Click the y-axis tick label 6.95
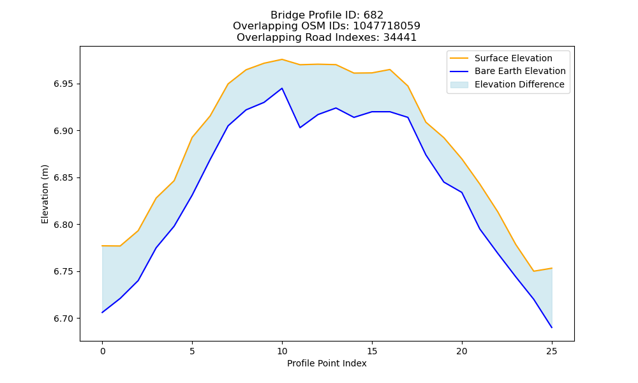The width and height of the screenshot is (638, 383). click(x=64, y=84)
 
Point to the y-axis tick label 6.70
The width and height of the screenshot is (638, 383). click(x=64, y=319)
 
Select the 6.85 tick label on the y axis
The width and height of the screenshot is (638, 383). click(x=64, y=178)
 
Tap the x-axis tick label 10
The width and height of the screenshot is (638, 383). click(x=282, y=351)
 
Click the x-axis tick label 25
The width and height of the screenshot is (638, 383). click(x=552, y=351)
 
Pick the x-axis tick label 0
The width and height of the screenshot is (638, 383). click(x=102, y=351)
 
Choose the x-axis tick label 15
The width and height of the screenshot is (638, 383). click(x=372, y=351)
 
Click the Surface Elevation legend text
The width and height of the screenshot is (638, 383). click(x=514, y=58)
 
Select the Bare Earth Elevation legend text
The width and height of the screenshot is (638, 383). click(x=520, y=71)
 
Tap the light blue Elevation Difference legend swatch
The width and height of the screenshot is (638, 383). click(x=459, y=85)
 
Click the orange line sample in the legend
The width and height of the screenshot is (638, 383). click(x=459, y=58)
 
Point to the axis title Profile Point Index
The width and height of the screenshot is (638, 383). click(x=327, y=363)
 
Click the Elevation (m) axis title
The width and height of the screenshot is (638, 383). click(x=45, y=194)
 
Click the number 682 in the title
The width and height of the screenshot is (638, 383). click(x=374, y=15)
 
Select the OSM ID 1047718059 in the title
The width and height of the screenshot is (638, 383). click(x=387, y=26)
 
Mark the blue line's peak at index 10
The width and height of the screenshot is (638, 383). click(x=282, y=88)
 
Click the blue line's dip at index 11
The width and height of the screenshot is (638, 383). click(x=300, y=128)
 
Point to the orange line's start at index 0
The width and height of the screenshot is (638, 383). click(x=102, y=246)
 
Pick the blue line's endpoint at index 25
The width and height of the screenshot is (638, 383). click(x=552, y=327)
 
